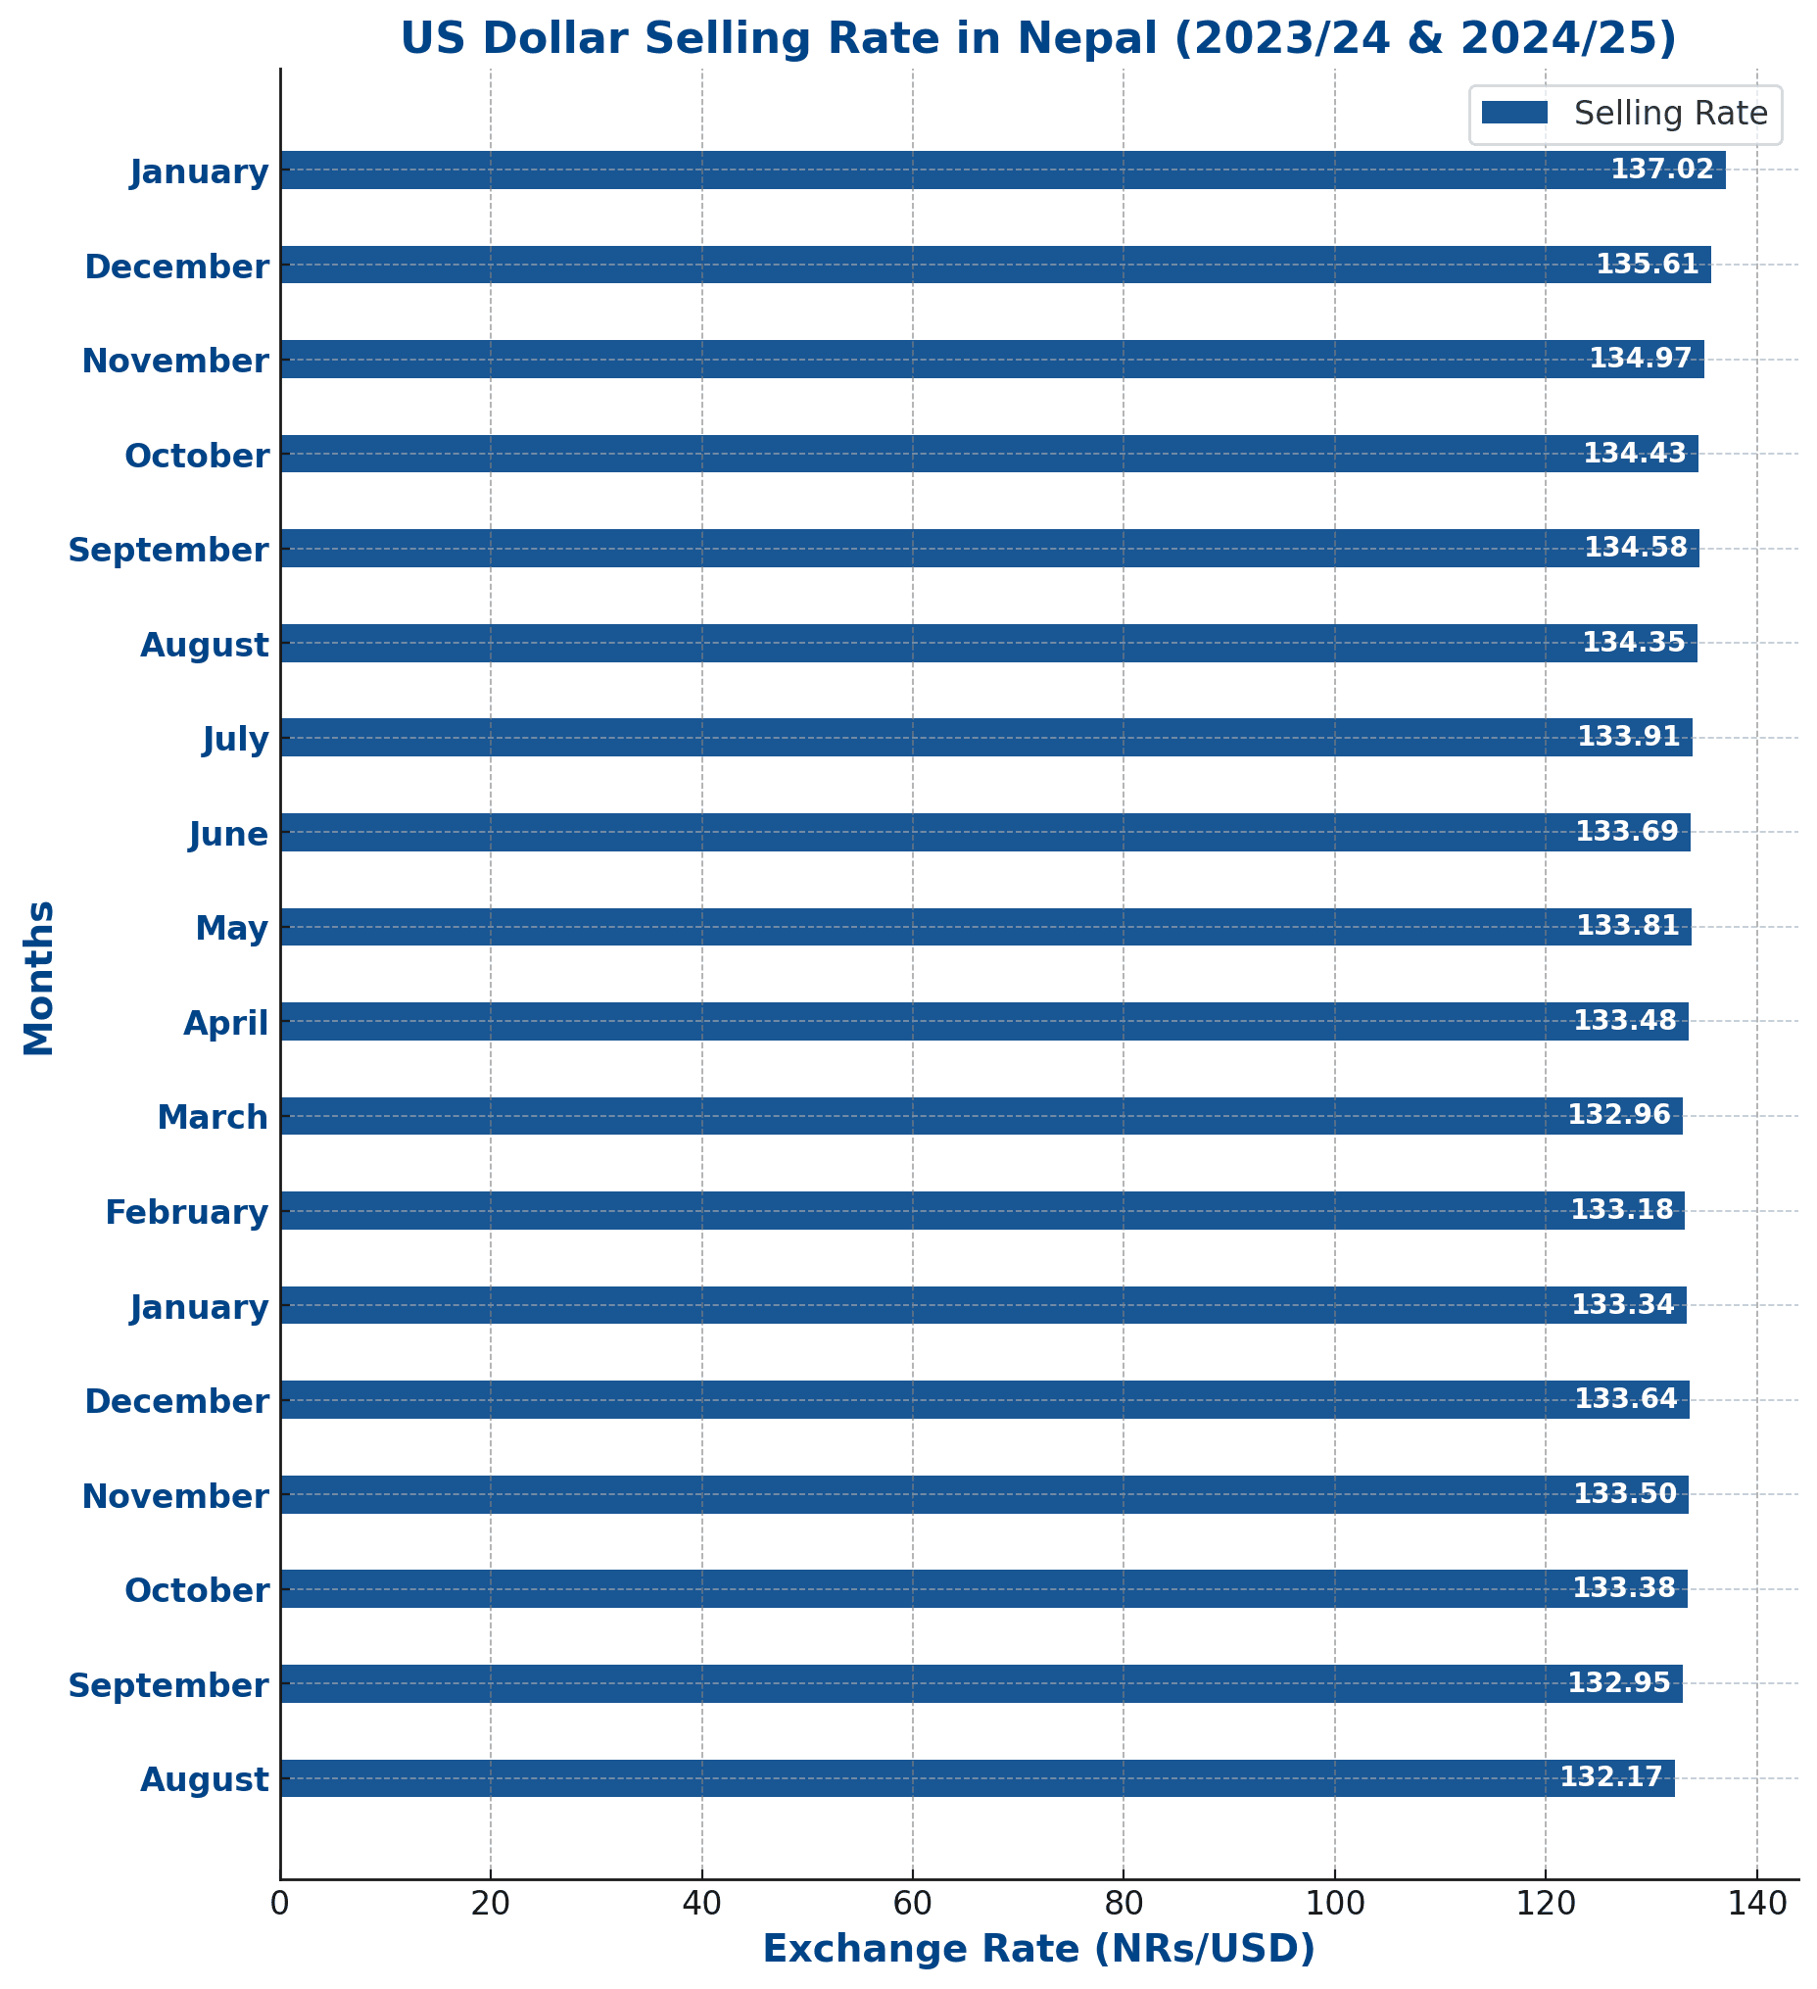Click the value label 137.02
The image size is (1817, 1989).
pyautogui.click(x=1662, y=170)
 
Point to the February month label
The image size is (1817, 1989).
pyautogui.click(x=186, y=1212)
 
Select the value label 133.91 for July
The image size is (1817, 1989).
pyautogui.click(x=1629, y=737)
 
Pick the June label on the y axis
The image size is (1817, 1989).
pyautogui.click(x=229, y=835)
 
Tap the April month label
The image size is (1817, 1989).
pyautogui.click(x=226, y=1023)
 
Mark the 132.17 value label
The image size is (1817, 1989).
pyautogui.click(x=1611, y=1778)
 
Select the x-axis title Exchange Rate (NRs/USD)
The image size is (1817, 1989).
pyautogui.click(x=1037, y=1950)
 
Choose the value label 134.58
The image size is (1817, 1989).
pyautogui.click(x=1636, y=548)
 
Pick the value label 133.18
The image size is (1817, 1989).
pyautogui.click(x=1622, y=1210)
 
